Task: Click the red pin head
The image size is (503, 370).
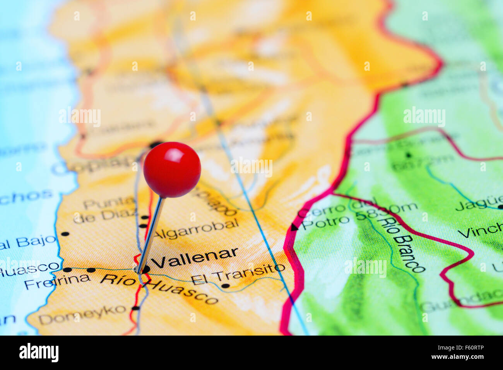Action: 172,170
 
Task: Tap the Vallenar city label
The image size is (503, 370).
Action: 195,257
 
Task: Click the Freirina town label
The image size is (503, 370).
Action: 57,281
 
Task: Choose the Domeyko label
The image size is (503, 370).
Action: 82,315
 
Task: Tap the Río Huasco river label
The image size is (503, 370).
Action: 159,288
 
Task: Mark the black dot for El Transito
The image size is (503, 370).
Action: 226,286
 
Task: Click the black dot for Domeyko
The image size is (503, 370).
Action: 135,308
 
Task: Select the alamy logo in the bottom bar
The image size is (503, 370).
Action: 39,353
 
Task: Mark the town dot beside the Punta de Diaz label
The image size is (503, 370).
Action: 144,217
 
